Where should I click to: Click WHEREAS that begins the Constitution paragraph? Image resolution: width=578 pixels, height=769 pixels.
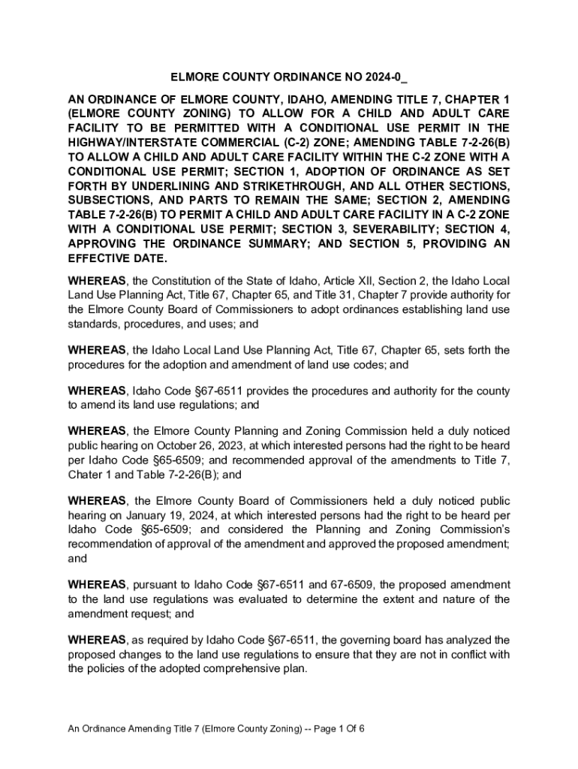(x=98, y=280)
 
